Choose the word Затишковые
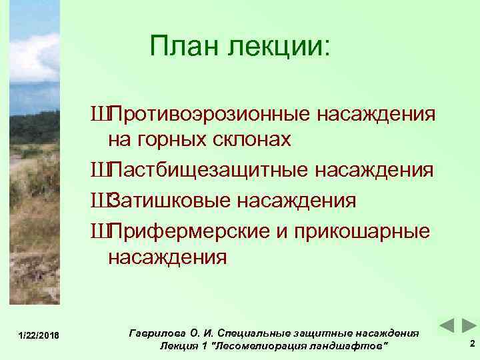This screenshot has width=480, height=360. tap(169, 200)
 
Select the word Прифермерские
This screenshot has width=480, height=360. tap(189, 229)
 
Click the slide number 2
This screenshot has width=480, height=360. tap(471, 344)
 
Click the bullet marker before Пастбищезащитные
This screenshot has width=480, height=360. tap(103, 171)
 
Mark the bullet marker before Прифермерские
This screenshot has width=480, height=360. tap(103, 229)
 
